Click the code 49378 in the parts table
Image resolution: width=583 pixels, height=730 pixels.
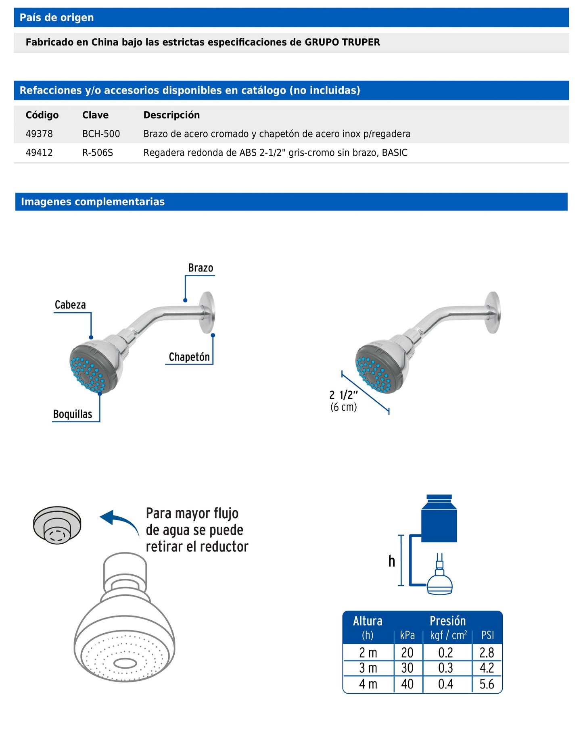[39, 134]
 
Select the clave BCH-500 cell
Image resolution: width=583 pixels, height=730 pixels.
[101, 134]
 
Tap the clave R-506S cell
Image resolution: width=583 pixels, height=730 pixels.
[97, 153]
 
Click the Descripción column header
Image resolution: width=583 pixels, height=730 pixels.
[171, 115]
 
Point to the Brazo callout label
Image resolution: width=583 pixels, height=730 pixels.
[201, 268]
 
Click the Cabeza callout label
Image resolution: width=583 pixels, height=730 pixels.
[70, 305]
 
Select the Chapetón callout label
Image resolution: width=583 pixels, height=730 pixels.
[189, 357]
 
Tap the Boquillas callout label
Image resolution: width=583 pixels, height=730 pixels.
[73, 414]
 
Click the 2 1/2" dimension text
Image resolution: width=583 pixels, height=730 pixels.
[343, 395]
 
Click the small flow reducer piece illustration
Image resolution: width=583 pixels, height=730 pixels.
[57, 525]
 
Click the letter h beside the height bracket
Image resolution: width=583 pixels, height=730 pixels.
[391, 561]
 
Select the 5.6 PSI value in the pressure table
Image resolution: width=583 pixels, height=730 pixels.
[487, 684]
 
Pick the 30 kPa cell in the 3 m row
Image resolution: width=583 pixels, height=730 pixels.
[407, 668]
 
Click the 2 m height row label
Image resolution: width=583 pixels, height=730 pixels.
[368, 653]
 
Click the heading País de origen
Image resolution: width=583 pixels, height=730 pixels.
[57, 18]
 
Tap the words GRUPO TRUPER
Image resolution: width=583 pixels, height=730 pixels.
[342, 42]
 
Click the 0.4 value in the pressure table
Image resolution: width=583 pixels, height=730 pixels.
[445, 684]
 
